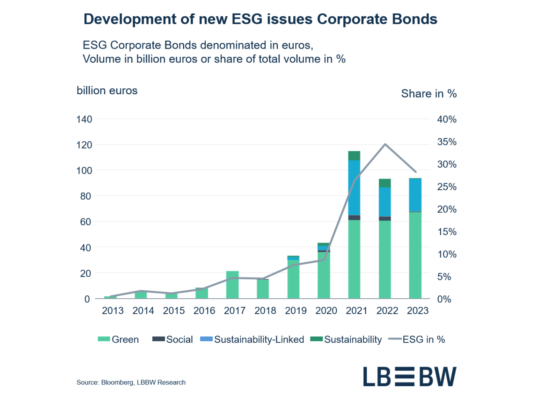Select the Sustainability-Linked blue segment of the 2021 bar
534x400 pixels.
[354, 188]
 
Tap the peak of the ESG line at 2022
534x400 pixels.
[385, 144]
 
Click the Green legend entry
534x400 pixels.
[118, 340]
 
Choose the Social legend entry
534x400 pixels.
[173, 340]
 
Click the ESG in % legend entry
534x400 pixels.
[417, 340]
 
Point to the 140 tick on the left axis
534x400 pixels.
[84, 119]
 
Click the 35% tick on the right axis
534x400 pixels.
[446, 142]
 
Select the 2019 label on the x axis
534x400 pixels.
[296, 311]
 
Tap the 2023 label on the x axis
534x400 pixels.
[418, 311]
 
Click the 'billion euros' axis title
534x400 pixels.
[107, 91]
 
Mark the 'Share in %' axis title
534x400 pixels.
[428, 93]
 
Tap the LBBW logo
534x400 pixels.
[409, 376]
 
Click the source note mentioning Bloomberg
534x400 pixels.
[131, 382]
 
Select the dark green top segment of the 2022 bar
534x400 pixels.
[385, 183]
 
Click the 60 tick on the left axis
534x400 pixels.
[86, 222]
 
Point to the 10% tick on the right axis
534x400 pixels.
[446, 254]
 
